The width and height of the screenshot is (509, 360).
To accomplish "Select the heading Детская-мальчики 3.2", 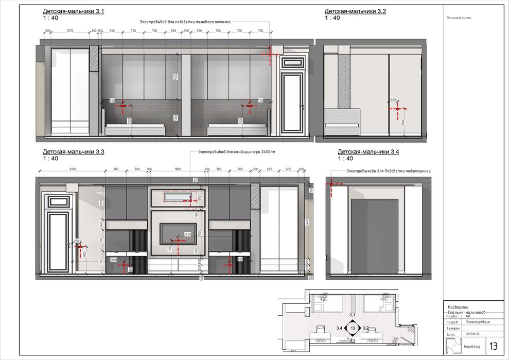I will (x=355, y=11).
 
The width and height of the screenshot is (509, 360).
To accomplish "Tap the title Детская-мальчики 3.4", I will (x=368, y=152).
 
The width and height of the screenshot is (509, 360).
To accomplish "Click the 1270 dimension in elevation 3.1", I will (x=71, y=31).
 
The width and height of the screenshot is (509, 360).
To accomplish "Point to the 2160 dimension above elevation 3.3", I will (x=72, y=169).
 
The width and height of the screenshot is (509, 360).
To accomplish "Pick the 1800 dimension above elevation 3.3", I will (x=178, y=169).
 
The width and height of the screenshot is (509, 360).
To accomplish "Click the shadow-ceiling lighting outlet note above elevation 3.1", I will (x=185, y=22).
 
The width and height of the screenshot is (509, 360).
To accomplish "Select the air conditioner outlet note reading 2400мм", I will (x=233, y=152).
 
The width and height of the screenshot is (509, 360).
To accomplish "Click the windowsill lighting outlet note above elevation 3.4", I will (x=389, y=171).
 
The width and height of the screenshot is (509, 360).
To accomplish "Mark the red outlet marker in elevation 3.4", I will (x=332, y=183).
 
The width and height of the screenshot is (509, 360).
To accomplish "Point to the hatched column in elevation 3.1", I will (x=94, y=58).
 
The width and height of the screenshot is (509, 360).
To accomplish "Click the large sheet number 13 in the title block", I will (x=493, y=345).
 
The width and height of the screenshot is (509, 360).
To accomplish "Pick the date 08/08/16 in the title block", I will (x=472, y=334).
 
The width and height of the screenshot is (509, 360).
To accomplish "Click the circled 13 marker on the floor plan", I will (x=353, y=328).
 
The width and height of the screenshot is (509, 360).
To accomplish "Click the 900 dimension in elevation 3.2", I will (x=402, y=122).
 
